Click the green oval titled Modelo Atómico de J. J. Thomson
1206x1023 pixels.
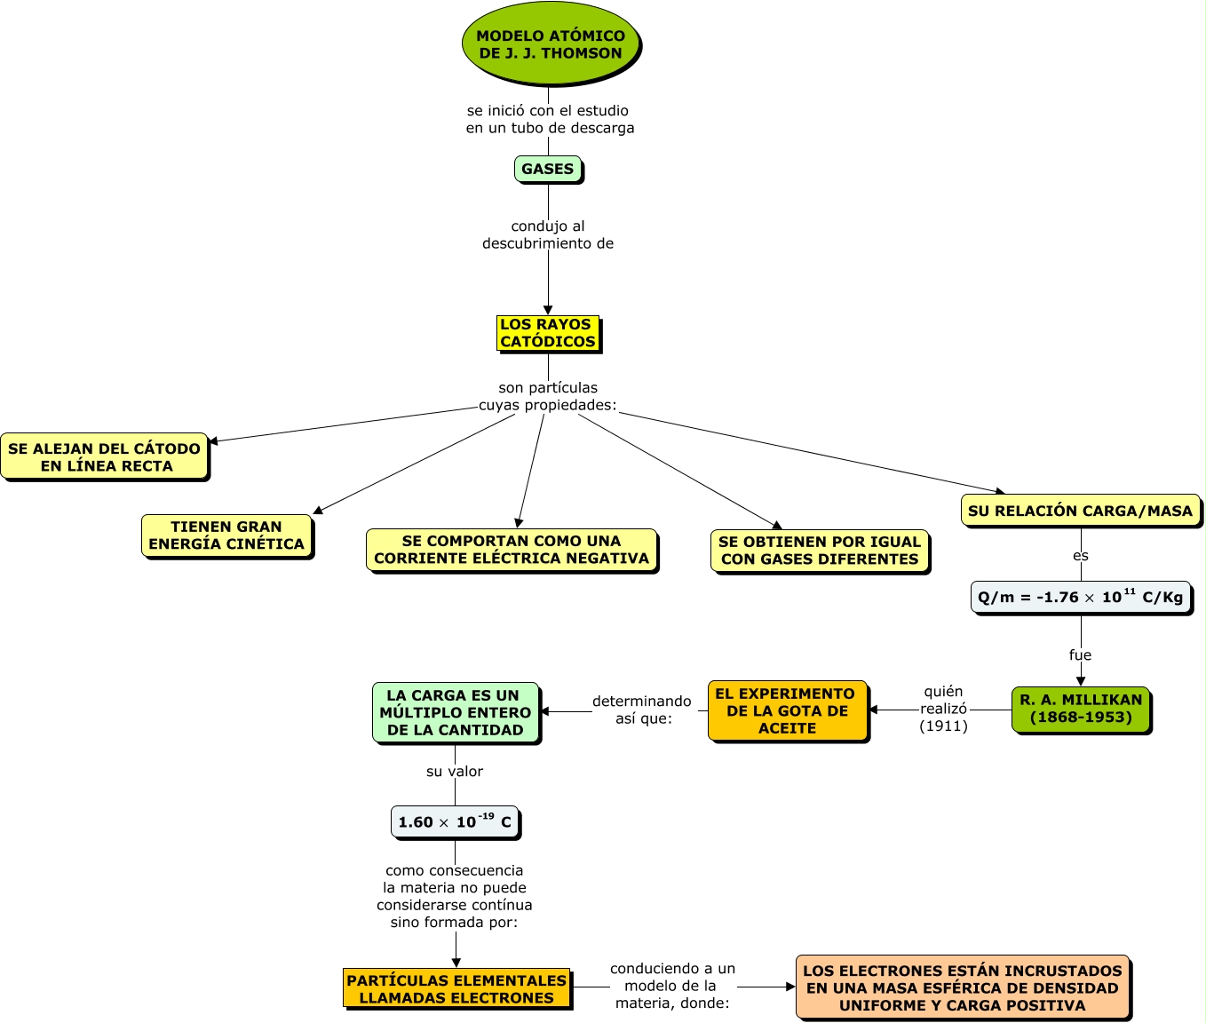551,44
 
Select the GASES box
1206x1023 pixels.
548,169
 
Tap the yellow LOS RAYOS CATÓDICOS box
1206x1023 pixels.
548,333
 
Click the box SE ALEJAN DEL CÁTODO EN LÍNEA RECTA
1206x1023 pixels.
105,457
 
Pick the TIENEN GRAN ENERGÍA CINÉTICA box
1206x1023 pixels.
226,535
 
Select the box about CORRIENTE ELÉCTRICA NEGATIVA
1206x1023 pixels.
512,550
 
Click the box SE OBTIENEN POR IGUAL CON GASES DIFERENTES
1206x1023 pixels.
820,551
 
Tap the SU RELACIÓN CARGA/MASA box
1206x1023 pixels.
1080,511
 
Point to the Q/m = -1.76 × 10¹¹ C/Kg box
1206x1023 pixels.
1080,597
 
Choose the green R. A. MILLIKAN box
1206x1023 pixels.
1081,709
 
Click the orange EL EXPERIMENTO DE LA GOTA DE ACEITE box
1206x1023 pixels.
787,710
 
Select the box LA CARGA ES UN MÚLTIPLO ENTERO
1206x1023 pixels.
456,712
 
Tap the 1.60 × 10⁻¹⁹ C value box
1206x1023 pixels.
455,822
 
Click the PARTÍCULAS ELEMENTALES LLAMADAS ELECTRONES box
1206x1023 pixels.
456,988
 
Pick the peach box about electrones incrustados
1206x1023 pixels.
963,987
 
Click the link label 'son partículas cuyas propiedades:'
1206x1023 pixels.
548,396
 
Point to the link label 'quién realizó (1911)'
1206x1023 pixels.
943,709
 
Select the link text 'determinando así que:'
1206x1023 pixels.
642,710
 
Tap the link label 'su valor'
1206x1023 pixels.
455,772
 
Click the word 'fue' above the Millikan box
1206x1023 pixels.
1080,655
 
